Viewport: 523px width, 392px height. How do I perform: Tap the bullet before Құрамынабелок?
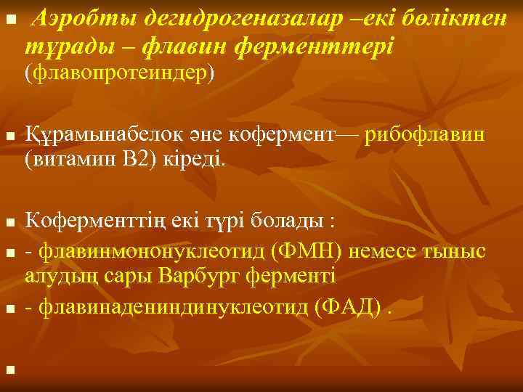click(9, 136)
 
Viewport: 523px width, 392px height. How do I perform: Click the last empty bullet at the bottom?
click(9, 370)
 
